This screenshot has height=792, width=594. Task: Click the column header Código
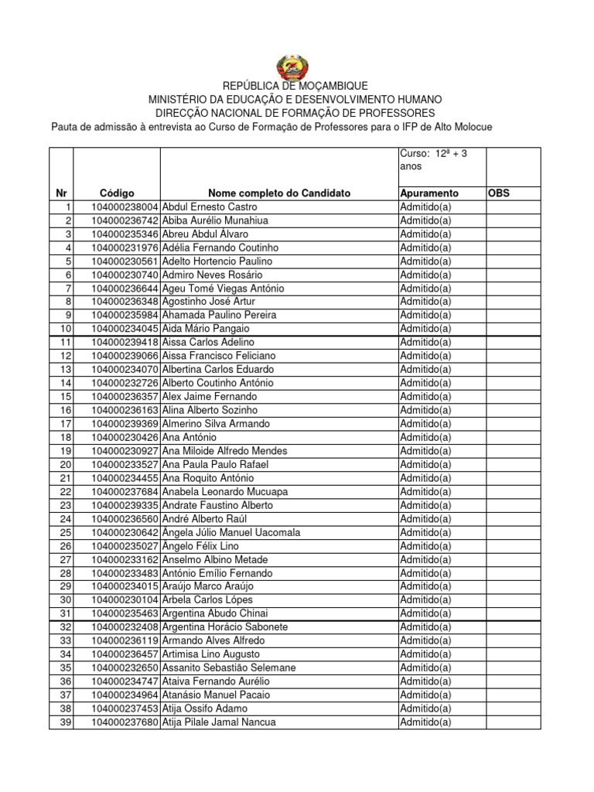117,193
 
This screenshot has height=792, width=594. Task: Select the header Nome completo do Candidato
279,193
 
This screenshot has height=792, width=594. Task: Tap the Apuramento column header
429,193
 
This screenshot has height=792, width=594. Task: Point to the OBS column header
499,193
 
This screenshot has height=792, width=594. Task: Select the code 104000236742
125,220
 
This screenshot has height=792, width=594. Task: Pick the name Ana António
189,437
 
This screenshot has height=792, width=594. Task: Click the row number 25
65,532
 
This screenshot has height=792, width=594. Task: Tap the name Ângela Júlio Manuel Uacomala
231,532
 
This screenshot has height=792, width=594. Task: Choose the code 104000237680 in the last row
125,722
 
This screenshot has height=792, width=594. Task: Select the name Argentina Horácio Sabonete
225,627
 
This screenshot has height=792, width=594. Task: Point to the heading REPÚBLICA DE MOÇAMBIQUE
295,86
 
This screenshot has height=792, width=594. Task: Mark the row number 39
65,722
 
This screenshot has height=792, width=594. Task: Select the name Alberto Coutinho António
217,383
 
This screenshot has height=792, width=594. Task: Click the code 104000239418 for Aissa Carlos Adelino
125,342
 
